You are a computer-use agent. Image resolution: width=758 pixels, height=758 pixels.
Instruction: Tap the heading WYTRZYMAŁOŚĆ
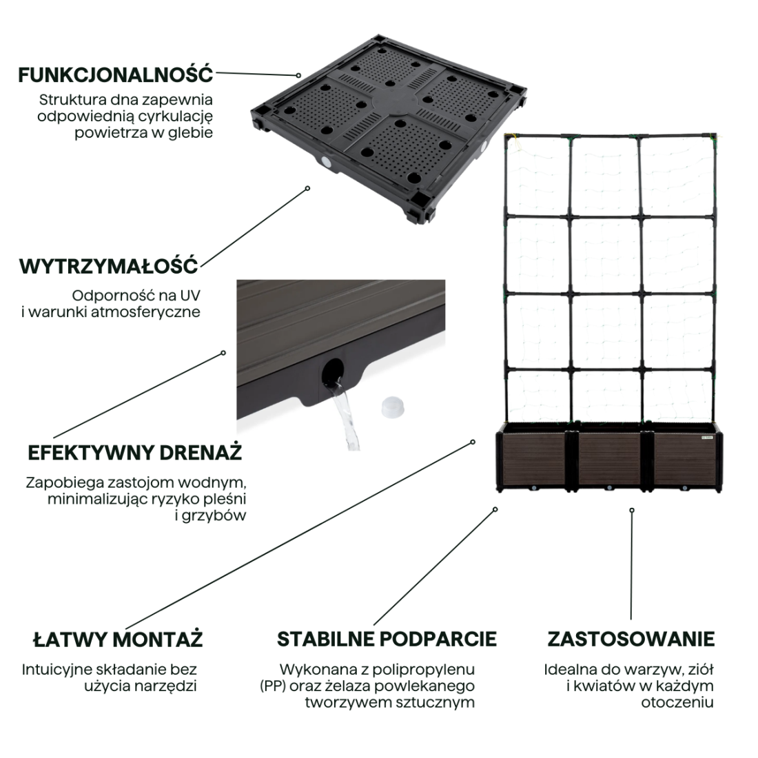click(108, 265)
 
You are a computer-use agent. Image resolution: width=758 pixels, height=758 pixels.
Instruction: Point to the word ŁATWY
click(69, 639)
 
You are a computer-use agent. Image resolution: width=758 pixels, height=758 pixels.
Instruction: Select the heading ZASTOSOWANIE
click(631, 639)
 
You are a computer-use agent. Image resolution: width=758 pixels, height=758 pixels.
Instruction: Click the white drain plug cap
click(391, 407)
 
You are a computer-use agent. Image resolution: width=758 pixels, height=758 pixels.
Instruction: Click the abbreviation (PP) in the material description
click(274, 686)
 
